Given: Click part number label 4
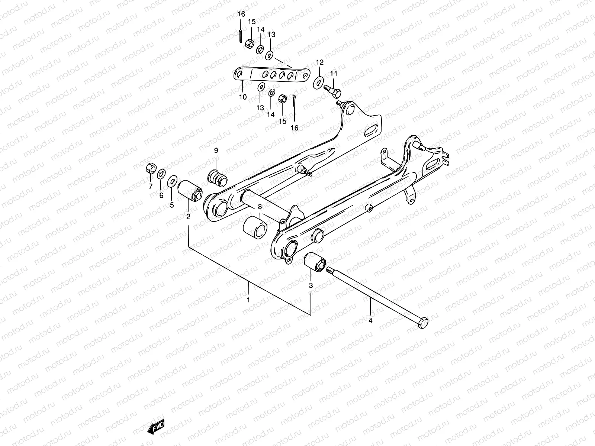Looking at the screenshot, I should (x=370, y=320).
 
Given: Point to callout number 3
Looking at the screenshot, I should (x=311, y=285).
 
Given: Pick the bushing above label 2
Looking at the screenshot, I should (x=190, y=190).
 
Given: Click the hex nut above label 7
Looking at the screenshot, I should (x=151, y=168).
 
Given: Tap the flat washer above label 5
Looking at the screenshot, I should (x=172, y=181).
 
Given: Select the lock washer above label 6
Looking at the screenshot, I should (x=162, y=174).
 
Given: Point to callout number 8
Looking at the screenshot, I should (x=260, y=207).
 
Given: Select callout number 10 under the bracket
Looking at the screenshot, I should (x=242, y=97).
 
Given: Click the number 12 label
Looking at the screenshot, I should (x=320, y=62).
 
